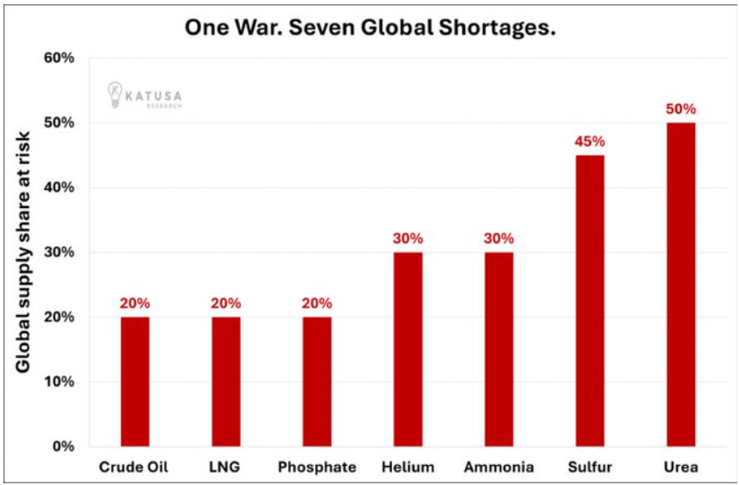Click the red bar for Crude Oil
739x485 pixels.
(x=135, y=381)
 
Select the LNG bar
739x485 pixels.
(x=226, y=381)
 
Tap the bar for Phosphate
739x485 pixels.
(x=317, y=381)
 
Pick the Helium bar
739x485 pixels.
(x=407, y=350)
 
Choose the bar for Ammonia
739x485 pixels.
(x=499, y=350)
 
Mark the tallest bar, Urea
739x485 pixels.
(x=680, y=285)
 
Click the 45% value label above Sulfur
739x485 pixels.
(x=590, y=142)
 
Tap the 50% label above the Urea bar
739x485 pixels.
(x=680, y=110)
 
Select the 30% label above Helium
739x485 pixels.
(x=407, y=239)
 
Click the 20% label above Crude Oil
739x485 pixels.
(x=135, y=304)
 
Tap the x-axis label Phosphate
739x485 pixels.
(x=317, y=467)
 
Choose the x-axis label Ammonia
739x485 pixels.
(x=499, y=467)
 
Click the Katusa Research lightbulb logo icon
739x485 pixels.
(x=114, y=93)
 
